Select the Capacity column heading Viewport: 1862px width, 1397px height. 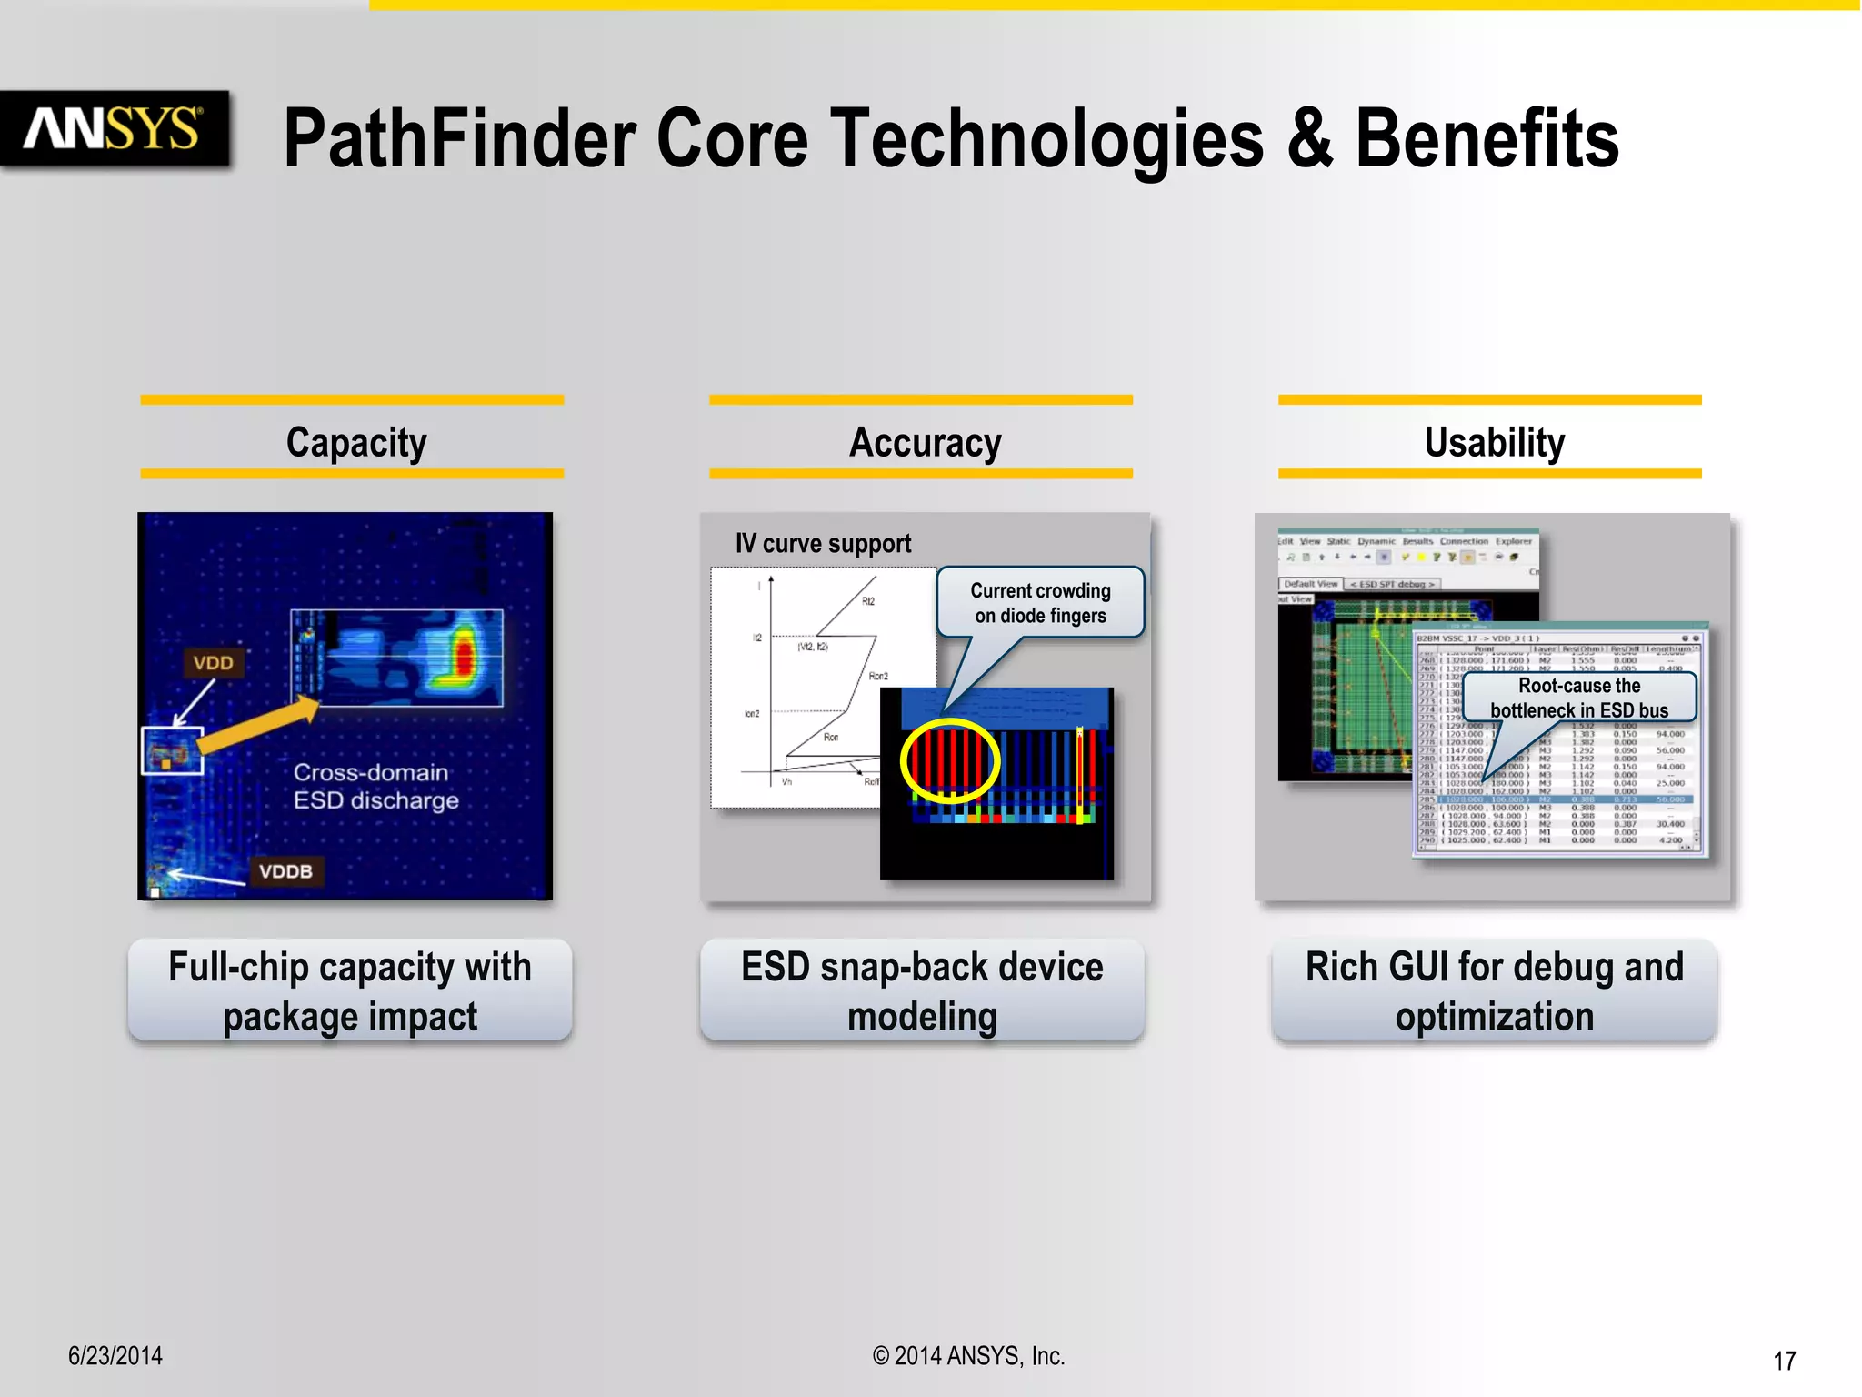(x=355, y=442)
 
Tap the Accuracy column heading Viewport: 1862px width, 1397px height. (x=925, y=442)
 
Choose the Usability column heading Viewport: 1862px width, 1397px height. (x=1494, y=442)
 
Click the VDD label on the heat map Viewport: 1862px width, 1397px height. (x=213, y=663)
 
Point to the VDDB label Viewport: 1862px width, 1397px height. (x=285, y=871)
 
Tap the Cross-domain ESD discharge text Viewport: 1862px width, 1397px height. (x=375, y=786)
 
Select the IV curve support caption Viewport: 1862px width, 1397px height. (x=823, y=543)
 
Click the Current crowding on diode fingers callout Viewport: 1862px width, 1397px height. (x=1040, y=602)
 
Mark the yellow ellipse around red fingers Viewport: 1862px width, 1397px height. (x=950, y=760)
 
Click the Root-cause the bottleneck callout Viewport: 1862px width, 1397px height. (x=1579, y=698)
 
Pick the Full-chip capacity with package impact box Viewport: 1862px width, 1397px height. (x=350, y=990)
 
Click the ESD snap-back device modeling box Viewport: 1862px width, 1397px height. (x=922, y=990)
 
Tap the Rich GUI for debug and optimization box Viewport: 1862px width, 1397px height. (x=1494, y=990)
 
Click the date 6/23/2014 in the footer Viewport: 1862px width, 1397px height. (x=115, y=1355)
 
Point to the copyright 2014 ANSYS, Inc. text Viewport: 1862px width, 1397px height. (x=968, y=1355)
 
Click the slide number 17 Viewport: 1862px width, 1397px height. (x=1784, y=1361)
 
